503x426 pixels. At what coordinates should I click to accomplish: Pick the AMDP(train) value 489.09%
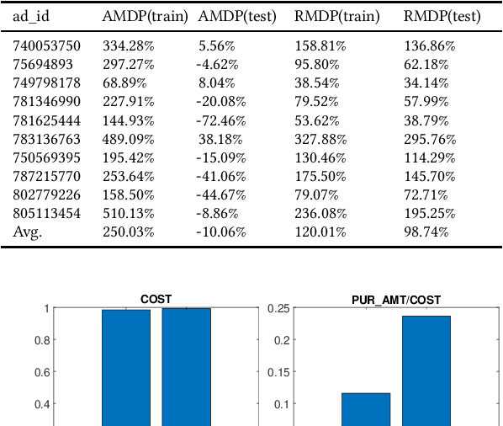click(127, 139)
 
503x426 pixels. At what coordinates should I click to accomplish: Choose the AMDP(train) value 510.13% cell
click(127, 213)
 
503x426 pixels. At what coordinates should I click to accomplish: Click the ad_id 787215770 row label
click(47, 176)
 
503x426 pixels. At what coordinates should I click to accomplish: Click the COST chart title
click(157, 299)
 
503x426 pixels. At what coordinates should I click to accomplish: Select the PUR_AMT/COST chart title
click(396, 299)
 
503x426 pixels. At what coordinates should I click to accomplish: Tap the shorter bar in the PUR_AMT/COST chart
click(366, 409)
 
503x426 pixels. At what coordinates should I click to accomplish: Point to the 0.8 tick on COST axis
click(40, 340)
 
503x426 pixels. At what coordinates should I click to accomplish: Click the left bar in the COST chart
click(126, 367)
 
